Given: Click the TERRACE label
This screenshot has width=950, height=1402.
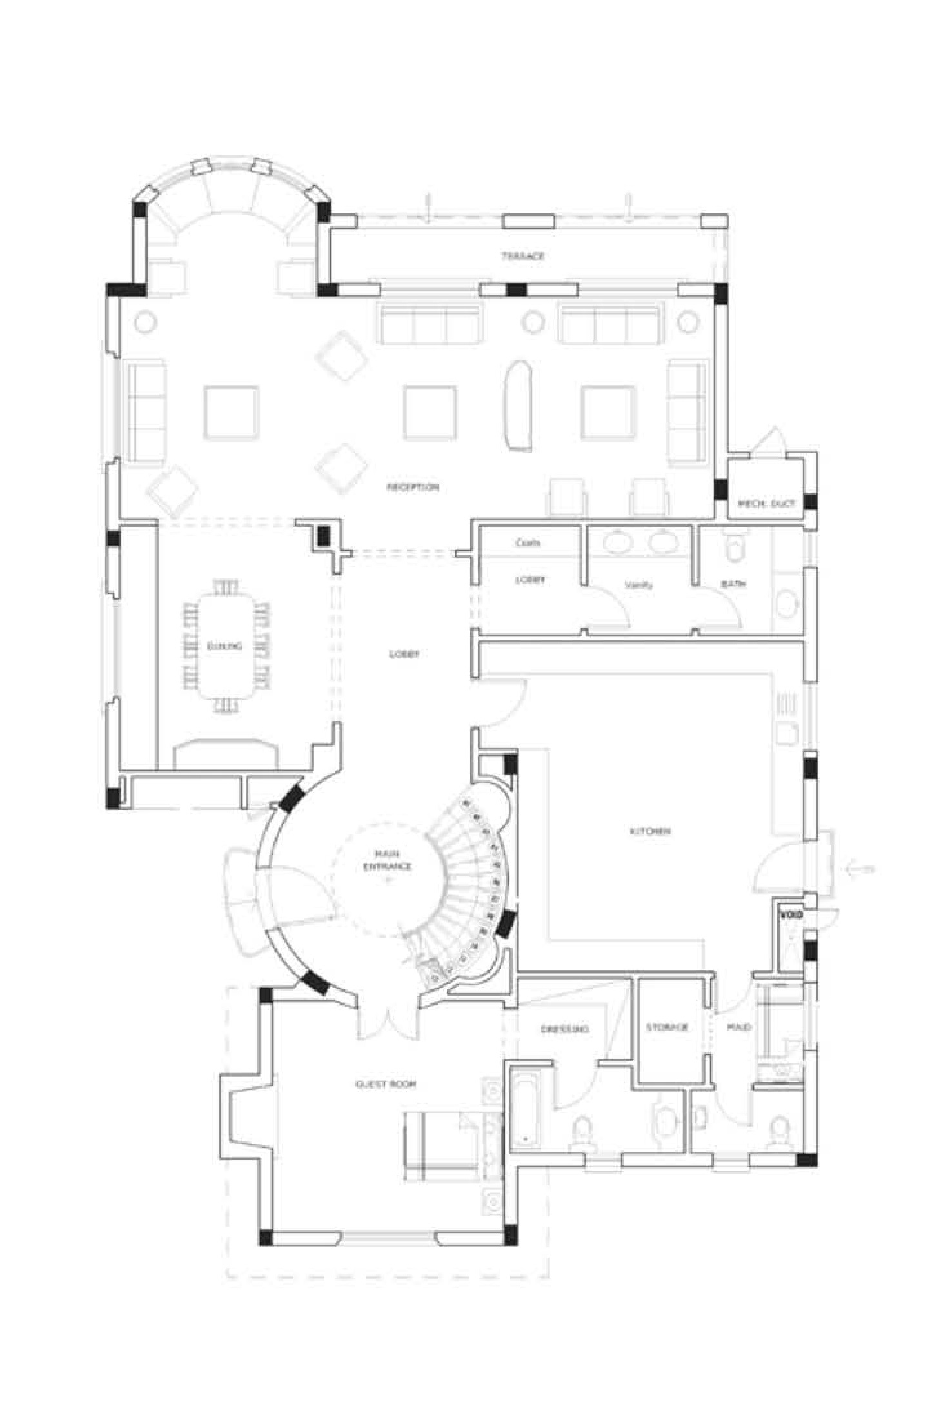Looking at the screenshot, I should (x=523, y=256).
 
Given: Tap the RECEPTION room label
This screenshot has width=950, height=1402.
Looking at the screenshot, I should (x=413, y=487).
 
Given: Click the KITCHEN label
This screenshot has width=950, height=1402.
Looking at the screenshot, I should (x=650, y=831).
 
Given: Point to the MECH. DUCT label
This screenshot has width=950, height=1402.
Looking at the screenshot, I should (x=766, y=503).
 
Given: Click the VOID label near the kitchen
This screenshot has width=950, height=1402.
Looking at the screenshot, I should (x=791, y=914).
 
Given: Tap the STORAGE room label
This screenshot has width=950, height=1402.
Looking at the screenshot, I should (x=668, y=1027).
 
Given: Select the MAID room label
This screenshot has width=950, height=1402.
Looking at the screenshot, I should (x=738, y=1027).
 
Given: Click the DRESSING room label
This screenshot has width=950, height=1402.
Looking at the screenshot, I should (x=564, y=1029).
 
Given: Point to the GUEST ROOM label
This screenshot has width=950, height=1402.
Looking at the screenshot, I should (x=386, y=1084).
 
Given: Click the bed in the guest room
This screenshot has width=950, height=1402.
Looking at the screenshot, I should (x=445, y=1146).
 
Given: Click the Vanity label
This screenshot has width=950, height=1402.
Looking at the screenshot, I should (x=638, y=585).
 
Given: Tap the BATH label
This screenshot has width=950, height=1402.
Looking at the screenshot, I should (x=733, y=584).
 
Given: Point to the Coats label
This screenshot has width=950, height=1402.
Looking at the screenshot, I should (x=528, y=543).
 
